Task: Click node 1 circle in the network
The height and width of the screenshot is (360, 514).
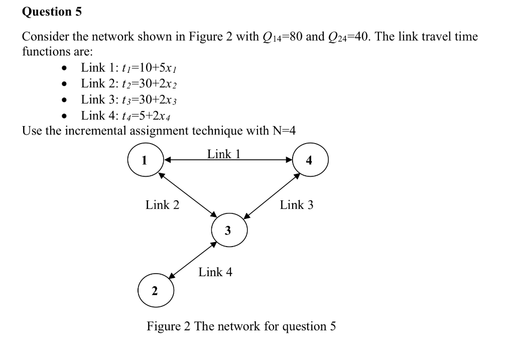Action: point(145,161)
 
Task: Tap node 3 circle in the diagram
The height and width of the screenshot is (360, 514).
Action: point(228,230)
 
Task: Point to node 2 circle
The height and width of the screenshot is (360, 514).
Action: point(155,290)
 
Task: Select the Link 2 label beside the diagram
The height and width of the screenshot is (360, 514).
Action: point(162,205)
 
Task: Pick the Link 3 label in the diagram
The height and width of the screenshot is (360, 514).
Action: point(297,205)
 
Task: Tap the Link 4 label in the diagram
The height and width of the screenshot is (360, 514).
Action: point(215,272)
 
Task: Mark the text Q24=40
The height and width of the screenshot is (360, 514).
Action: point(353,37)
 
